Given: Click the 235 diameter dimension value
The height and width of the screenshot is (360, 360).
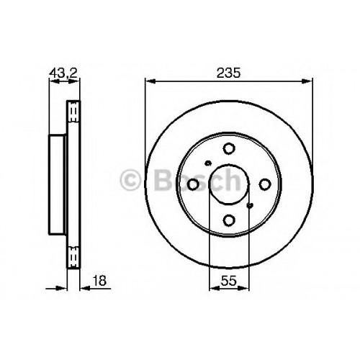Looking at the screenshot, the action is coord(228,73).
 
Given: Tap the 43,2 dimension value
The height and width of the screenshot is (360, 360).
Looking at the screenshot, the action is coord(63,73).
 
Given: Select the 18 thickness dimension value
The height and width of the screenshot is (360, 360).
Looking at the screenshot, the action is coord(99,280).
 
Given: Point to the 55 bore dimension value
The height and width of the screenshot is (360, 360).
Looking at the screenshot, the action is coord(229,280).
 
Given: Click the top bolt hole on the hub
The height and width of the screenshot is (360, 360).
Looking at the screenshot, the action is coord(229,148).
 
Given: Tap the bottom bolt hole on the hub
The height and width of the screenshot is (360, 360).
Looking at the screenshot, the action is coord(229,220).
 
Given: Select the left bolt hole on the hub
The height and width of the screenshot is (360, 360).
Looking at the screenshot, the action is coord(193,184).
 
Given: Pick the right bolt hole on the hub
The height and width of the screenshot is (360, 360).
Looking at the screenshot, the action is coord(265,184).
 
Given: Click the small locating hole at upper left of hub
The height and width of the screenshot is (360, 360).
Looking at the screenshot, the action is coord(208,163).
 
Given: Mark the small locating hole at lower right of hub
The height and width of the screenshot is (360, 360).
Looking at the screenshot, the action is coord(250,205).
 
